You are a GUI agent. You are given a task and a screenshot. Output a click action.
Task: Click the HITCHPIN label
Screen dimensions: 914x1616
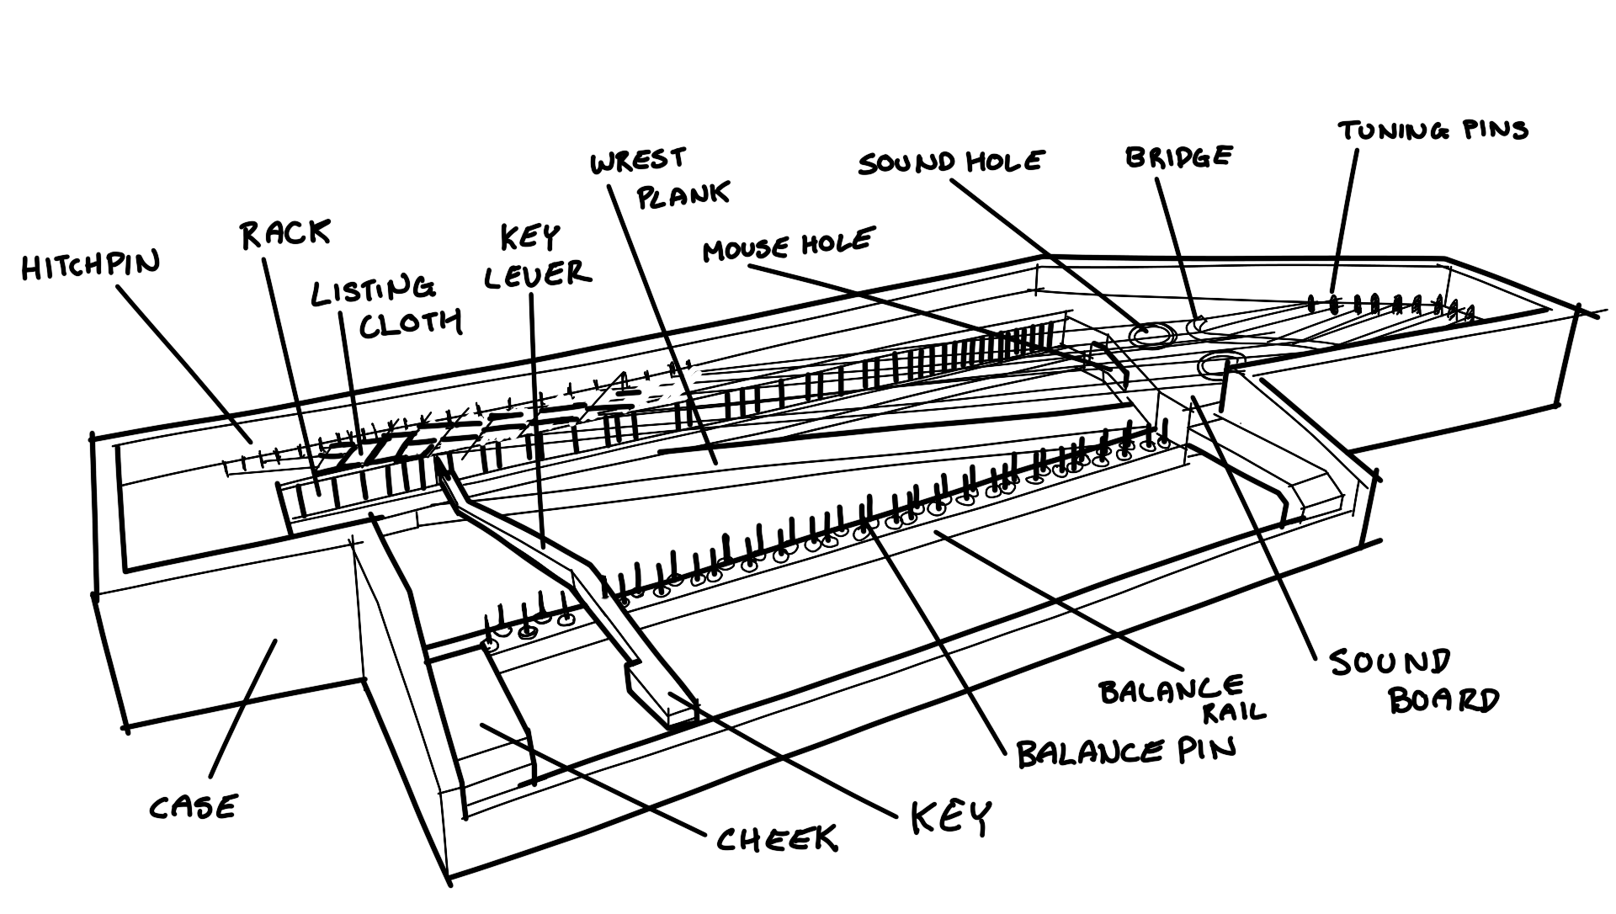pyautogui.click(x=90, y=267)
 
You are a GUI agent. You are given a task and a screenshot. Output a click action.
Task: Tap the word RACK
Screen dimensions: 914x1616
pyautogui.click(x=285, y=235)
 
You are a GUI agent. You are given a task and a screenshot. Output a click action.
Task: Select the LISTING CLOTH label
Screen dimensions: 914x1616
pyautogui.click(x=386, y=306)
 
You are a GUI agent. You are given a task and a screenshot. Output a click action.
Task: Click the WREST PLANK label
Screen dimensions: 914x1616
pyautogui.click(x=661, y=178)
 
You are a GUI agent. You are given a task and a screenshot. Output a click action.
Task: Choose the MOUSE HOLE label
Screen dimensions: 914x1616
pyautogui.click(x=788, y=245)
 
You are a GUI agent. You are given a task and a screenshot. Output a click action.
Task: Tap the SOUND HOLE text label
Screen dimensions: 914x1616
pyautogui.click(x=950, y=162)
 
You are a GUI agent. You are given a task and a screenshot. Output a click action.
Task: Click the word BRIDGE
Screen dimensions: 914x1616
pyautogui.click(x=1178, y=157)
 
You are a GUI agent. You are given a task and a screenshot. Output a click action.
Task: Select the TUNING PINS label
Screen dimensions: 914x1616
pyautogui.click(x=1433, y=130)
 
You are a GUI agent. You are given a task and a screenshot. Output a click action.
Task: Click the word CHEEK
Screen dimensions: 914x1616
pyautogui.click(x=776, y=838)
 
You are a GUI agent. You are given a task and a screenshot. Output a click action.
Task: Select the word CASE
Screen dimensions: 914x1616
pyautogui.click(x=194, y=808)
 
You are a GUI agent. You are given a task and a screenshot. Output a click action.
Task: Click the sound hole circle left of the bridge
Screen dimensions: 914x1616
pyautogui.click(x=1151, y=336)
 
